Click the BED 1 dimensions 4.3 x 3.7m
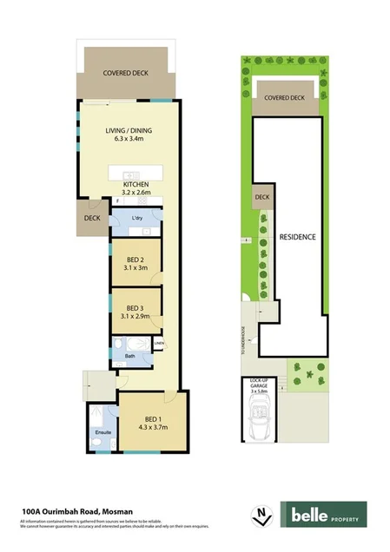pos(151,426)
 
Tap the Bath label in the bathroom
pos(129,356)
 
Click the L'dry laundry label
pos(136,219)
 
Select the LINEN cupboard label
pos(158,344)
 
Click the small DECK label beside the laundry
pos(90,219)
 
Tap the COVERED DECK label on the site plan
pos(284,99)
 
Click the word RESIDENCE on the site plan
pos(296,237)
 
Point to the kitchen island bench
pos(138,173)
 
